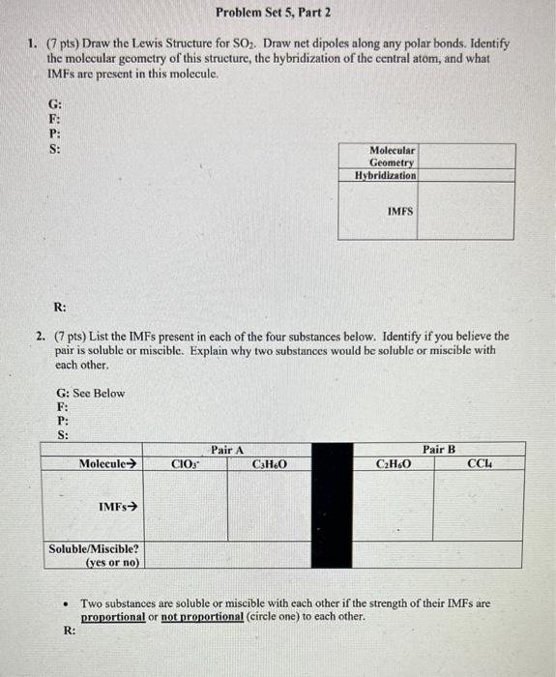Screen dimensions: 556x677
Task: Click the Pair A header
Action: [x=227, y=450]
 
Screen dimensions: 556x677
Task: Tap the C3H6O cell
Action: [x=269, y=464]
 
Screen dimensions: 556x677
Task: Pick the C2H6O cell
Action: [x=392, y=464]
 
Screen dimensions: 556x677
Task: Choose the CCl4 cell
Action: [x=480, y=464]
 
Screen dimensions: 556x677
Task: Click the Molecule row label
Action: [x=106, y=464]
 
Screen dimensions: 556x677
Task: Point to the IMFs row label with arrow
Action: [x=118, y=506]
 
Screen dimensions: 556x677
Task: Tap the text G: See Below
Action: [x=91, y=393]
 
